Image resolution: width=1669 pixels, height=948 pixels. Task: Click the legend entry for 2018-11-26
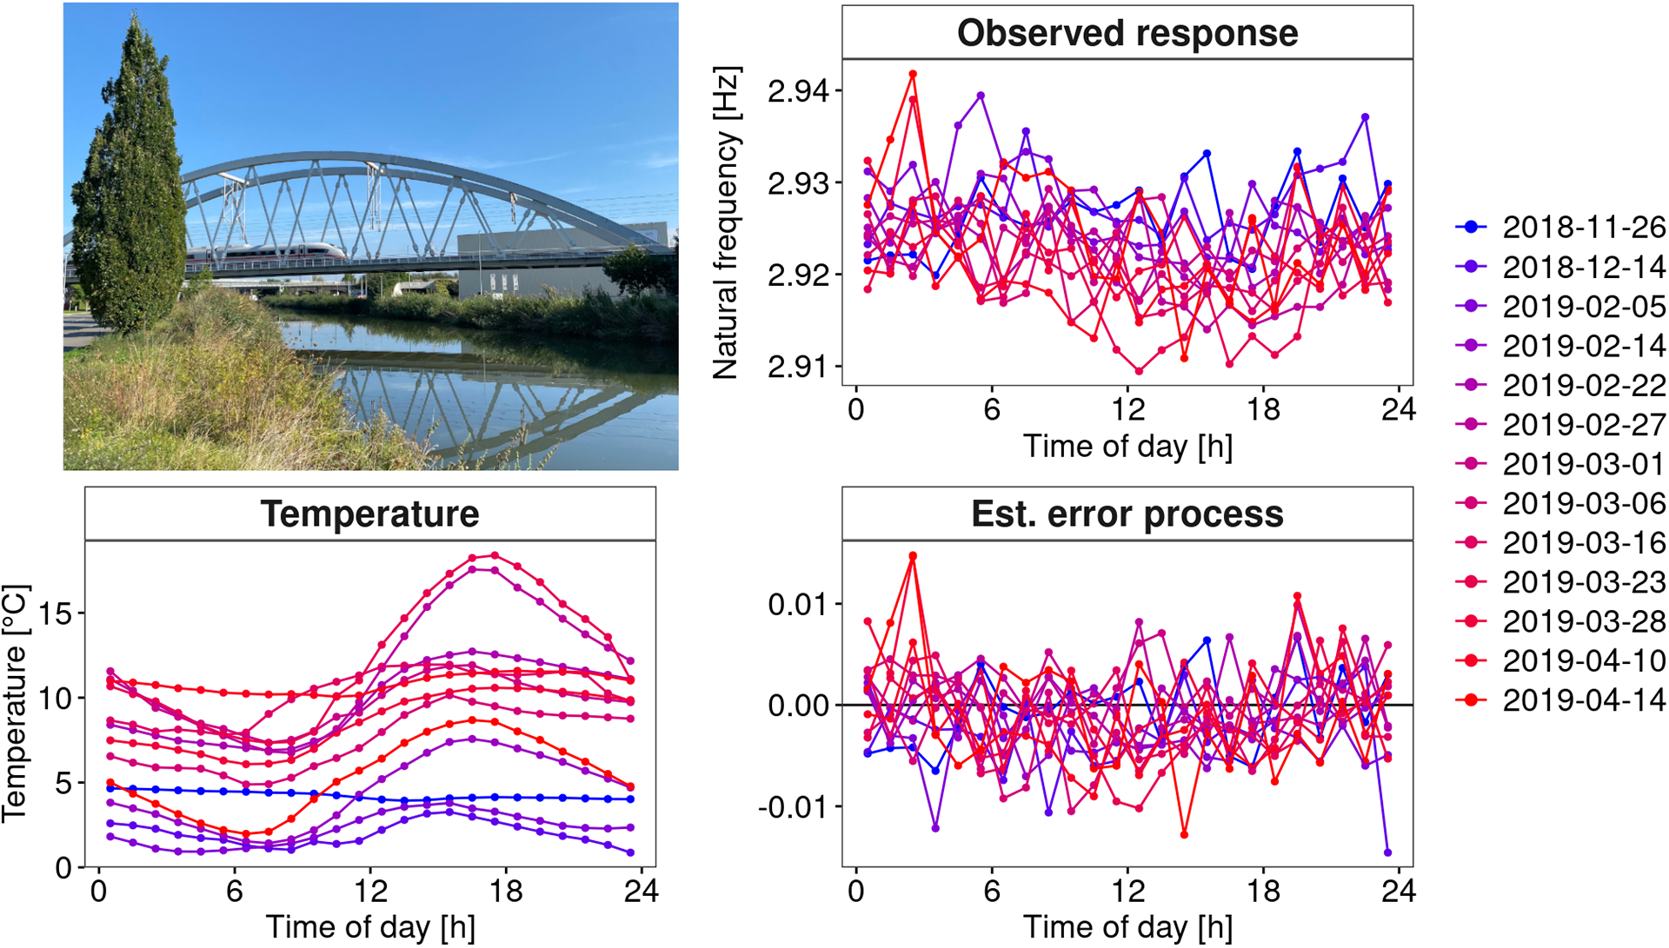click(1560, 227)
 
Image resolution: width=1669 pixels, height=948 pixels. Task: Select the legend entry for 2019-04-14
click(1560, 699)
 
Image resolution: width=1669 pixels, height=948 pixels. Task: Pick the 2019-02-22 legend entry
click(1560, 385)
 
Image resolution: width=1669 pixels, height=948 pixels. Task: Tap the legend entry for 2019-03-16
click(1560, 542)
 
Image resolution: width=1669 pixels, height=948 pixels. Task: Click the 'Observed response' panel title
click(1127, 33)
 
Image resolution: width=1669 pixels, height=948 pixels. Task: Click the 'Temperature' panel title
click(370, 514)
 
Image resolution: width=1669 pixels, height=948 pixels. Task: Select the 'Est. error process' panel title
click(1127, 514)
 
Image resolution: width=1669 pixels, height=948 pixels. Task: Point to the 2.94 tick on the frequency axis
click(797, 91)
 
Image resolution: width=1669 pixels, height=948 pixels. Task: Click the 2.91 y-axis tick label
click(797, 367)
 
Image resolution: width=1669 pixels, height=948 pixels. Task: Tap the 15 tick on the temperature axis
click(56, 614)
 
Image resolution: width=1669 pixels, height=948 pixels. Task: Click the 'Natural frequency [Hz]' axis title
click(727, 222)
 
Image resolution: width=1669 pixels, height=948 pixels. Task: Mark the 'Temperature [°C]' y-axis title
click(16, 703)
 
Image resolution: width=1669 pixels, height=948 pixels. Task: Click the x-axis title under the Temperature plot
click(370, 928)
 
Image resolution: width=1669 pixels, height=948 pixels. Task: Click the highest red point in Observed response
click(913, 75)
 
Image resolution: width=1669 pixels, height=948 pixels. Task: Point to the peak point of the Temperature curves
click(495, 555)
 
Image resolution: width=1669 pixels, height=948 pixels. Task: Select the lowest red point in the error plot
click(1184, 834)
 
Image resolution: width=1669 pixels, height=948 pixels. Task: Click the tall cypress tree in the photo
click(129, 178)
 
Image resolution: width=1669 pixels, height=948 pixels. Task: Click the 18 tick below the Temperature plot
click(506, 891)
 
